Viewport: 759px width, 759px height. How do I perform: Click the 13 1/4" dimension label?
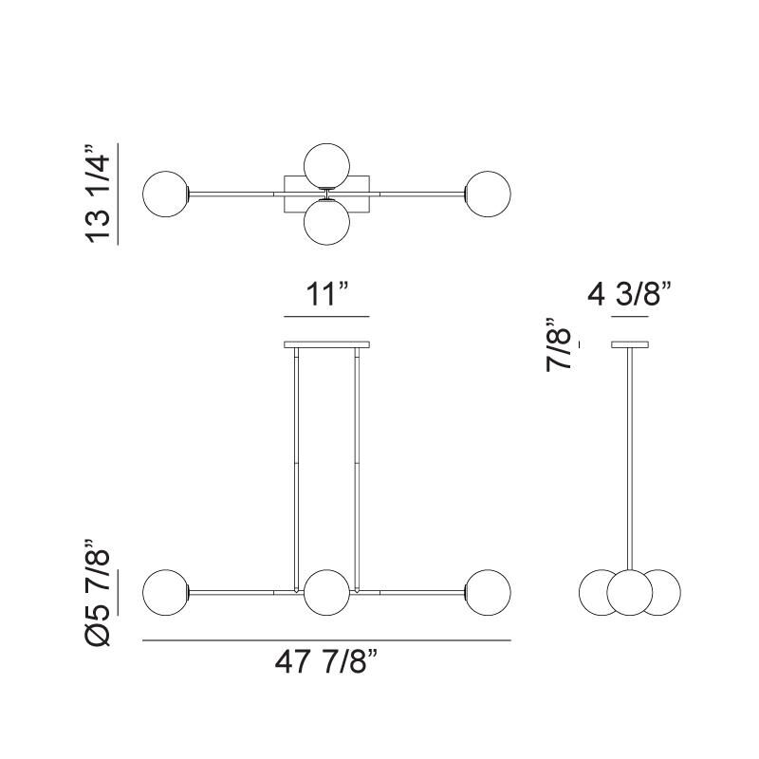(x=98, y=194)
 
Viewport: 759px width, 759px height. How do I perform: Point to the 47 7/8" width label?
(x=325, y=661)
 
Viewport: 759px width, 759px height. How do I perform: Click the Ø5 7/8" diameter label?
(x=98, y=593)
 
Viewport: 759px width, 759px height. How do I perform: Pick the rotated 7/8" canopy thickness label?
(x=559, y=344)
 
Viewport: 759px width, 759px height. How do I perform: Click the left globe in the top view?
(x=165, y=194)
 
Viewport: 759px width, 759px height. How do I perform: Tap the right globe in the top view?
(x=488, y=194)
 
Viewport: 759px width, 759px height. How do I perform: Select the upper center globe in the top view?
(x=326, y=166)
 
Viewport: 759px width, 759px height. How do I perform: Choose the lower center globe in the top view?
(x=326, y=222)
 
